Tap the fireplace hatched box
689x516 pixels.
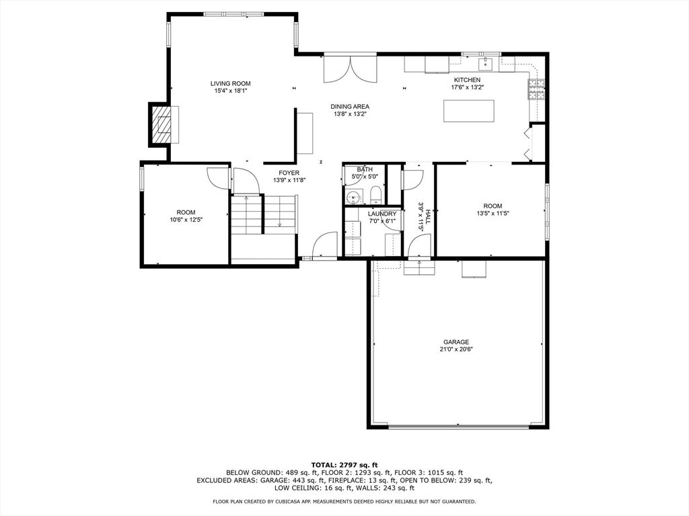161,125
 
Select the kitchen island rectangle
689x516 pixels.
468,111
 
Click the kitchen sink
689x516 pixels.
486,64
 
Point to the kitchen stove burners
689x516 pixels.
538,90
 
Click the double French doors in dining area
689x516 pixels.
350,69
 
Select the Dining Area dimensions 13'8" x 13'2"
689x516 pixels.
350,114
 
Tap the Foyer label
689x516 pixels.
290,173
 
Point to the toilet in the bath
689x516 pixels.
375,196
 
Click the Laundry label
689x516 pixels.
382,214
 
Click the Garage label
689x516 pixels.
456,342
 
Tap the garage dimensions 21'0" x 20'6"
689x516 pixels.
456,349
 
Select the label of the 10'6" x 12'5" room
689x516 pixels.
186,212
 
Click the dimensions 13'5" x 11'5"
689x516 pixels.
493,214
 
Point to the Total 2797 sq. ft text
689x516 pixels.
344,464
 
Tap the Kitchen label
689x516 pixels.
466,80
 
